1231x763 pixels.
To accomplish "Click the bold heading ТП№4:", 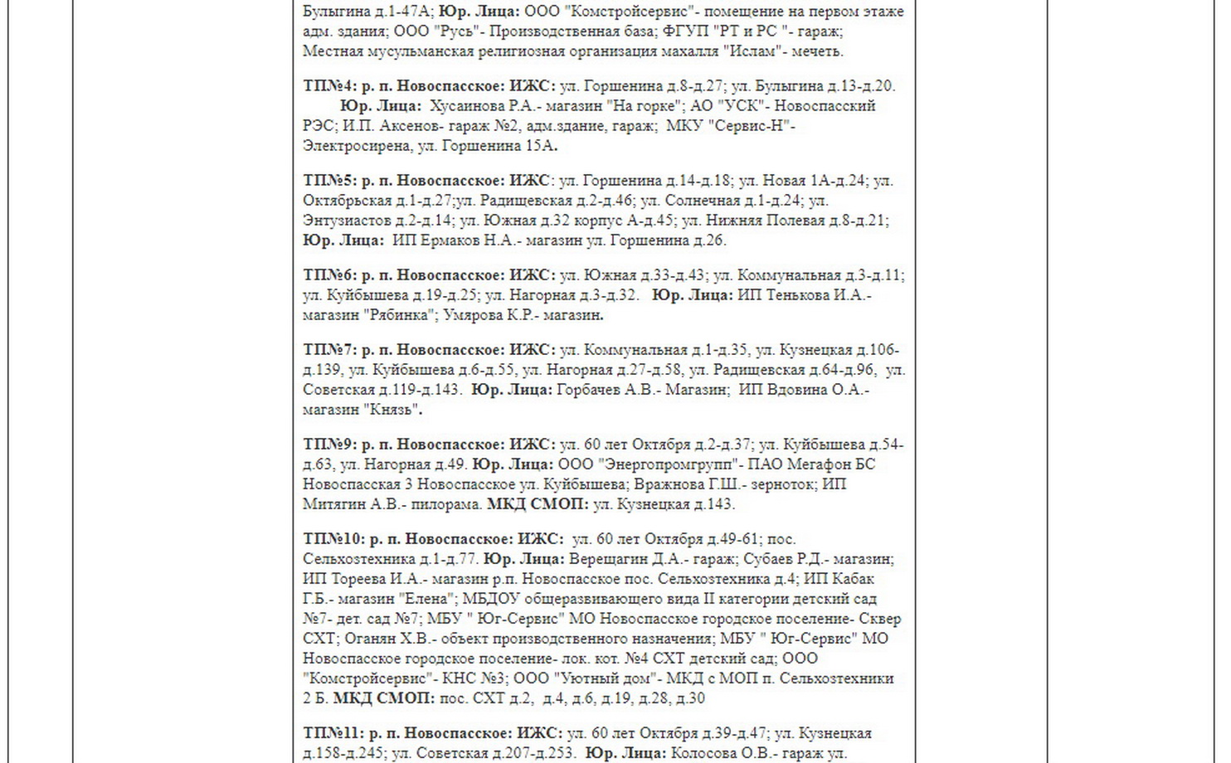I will point(329,86).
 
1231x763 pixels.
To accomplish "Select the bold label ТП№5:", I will point(329,181).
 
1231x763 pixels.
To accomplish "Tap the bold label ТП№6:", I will point(329,275).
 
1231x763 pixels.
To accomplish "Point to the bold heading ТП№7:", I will point(329,350).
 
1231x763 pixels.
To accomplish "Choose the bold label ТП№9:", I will point(329,445).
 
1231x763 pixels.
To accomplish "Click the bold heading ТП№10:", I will point(333,539).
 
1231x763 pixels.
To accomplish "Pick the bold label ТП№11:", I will point(333,733).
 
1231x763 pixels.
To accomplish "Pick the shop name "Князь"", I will point(393,410).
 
